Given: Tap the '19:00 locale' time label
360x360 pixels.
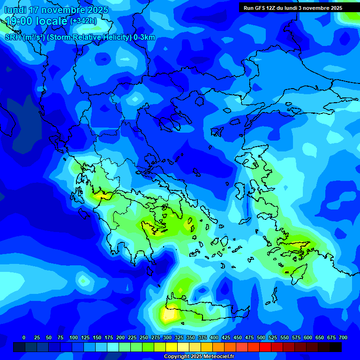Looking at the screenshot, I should (x=37, y=21).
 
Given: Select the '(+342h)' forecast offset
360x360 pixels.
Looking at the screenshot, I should (x=83, y=21).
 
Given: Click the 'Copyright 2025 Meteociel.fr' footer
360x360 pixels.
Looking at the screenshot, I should (x=199, y=357).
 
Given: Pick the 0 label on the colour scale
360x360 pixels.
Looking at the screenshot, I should (x=24, y=337).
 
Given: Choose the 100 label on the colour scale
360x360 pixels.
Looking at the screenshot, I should (x=73, y=337).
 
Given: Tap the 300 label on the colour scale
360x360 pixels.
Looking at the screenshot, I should (x=167, y=337).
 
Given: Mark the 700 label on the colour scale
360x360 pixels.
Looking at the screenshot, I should (x=343, y=337).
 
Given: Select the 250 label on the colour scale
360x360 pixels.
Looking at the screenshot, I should (x=144, y=337).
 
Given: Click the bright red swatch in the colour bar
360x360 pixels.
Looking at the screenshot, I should (x=265, y=347).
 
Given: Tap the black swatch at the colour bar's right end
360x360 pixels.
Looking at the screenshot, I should (x=336, y=347).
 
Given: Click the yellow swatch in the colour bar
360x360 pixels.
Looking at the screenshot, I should (x=172, y=347).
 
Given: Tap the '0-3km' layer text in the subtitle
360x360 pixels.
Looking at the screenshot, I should (x=144, y=37).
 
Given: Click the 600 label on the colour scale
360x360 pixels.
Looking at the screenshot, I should (x=308, y=337).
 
